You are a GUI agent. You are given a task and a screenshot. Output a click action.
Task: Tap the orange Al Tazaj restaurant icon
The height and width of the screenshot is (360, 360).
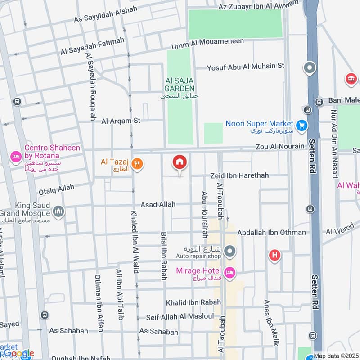(x=138, y=165)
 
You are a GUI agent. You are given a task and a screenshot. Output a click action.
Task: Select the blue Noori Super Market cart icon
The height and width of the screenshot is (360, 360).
(x=301, y=125)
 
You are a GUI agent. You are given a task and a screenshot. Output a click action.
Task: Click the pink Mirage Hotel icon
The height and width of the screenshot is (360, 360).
(x=230, y=273)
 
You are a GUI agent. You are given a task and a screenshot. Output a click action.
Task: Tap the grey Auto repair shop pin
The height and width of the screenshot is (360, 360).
(x=230, y=250)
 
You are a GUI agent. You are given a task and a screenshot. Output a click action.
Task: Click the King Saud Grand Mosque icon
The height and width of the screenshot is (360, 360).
(x=58, y=211)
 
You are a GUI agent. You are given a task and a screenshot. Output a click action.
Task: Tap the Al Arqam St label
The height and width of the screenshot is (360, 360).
(x=121, y=121)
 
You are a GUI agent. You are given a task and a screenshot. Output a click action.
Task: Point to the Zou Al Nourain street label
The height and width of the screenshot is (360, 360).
(x=280, y=147)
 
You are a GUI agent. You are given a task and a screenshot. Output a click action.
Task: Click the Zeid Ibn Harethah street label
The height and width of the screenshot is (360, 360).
(x=239, y=175)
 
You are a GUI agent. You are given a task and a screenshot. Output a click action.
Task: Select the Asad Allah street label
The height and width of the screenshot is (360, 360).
(x=158, y=205)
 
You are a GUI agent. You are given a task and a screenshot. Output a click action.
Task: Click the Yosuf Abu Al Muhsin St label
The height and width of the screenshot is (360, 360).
(x=246, y=67)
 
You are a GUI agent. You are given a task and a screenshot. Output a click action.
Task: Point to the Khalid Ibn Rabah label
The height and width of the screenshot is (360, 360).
(x=193, y=302)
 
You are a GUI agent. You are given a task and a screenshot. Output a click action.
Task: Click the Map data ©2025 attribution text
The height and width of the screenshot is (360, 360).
(x=336, y=355)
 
